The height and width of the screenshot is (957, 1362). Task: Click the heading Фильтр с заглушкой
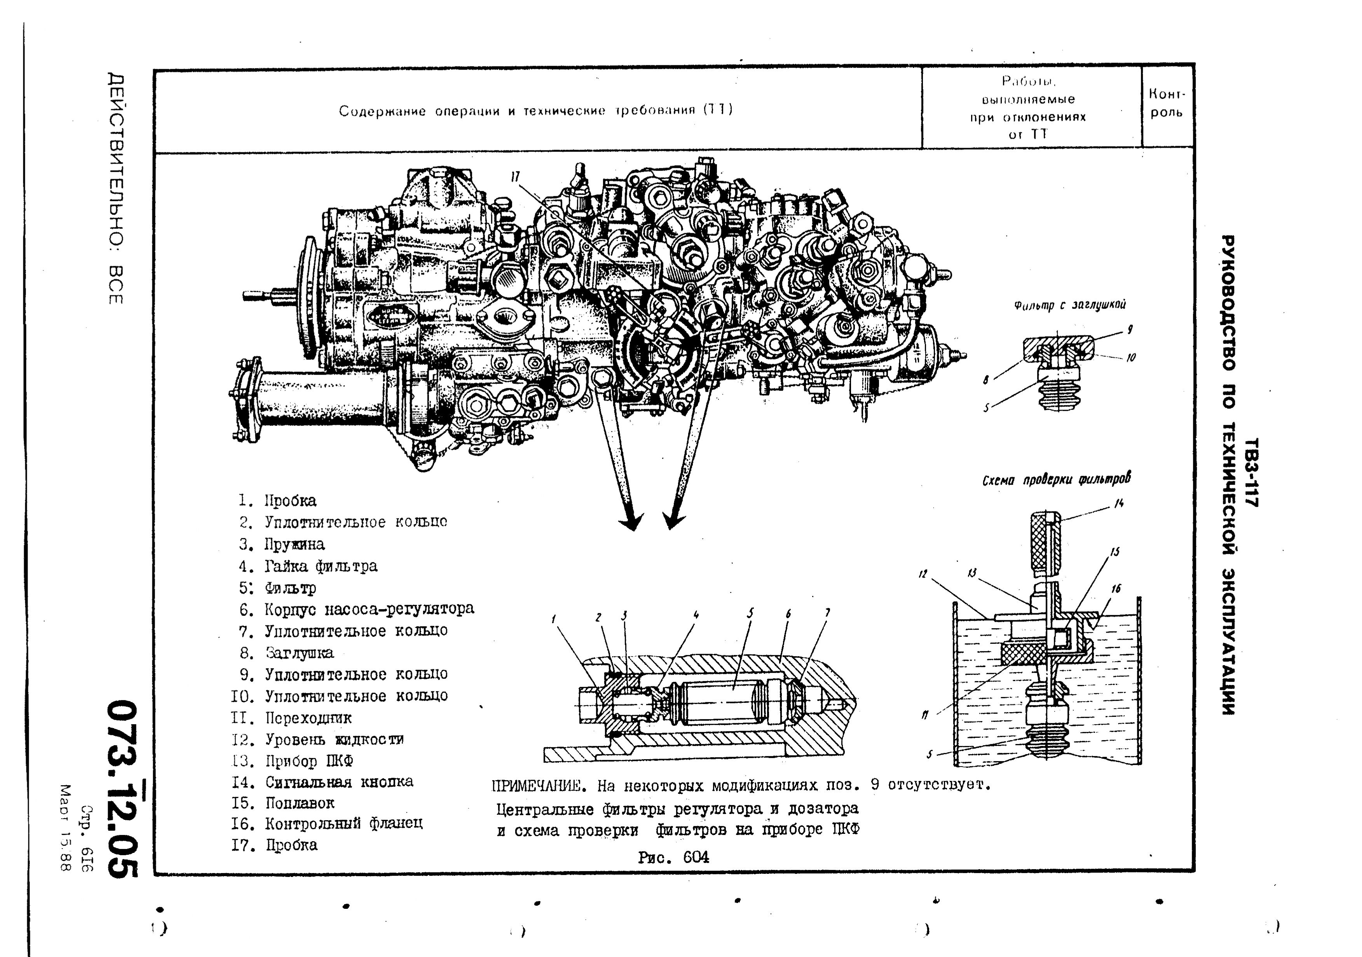coord(1069,305)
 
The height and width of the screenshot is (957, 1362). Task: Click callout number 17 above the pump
coord(515,177)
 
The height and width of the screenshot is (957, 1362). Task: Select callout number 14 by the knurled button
coord(1119,504)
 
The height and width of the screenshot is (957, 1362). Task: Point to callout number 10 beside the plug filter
coord(1131,358)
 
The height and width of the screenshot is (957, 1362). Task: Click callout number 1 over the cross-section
coord(553,619)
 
